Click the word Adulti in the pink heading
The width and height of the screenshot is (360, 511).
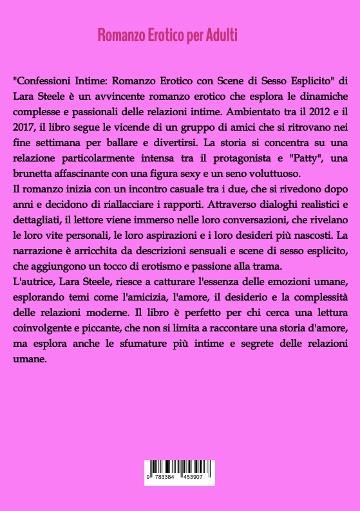(x=221, y=35)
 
